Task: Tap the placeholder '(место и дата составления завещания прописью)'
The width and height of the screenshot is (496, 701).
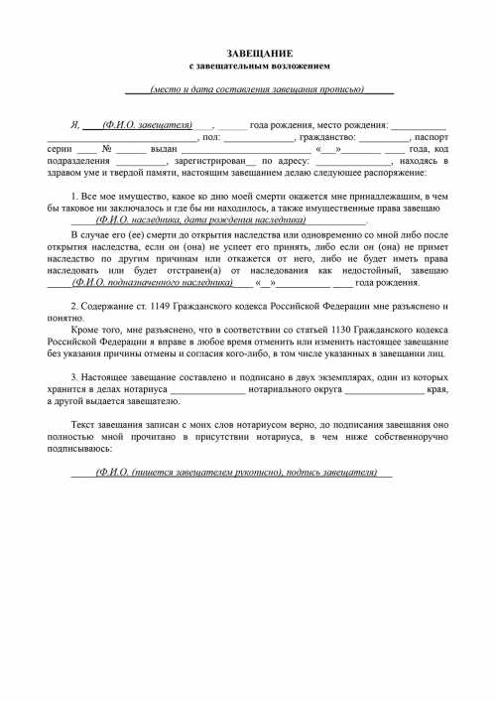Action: tap(257, 89)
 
